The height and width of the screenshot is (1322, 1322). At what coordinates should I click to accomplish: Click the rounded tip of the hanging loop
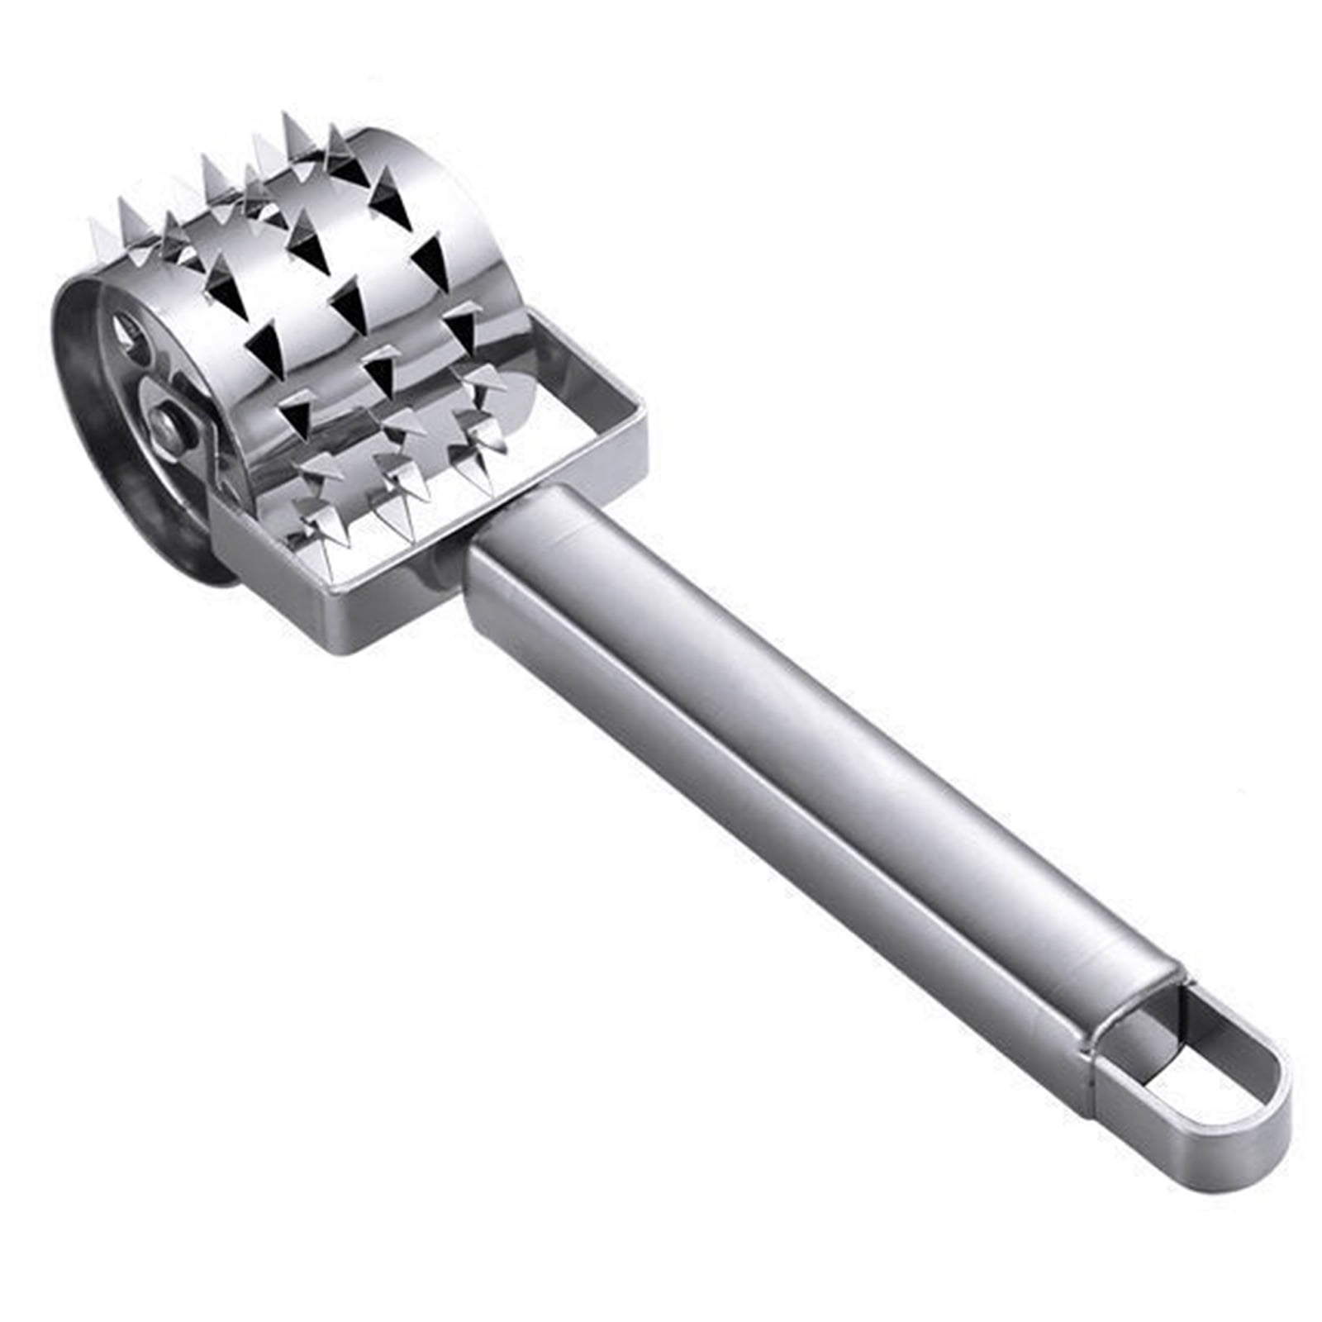point(1277,1107)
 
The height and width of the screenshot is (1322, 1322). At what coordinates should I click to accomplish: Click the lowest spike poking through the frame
point(339,549)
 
